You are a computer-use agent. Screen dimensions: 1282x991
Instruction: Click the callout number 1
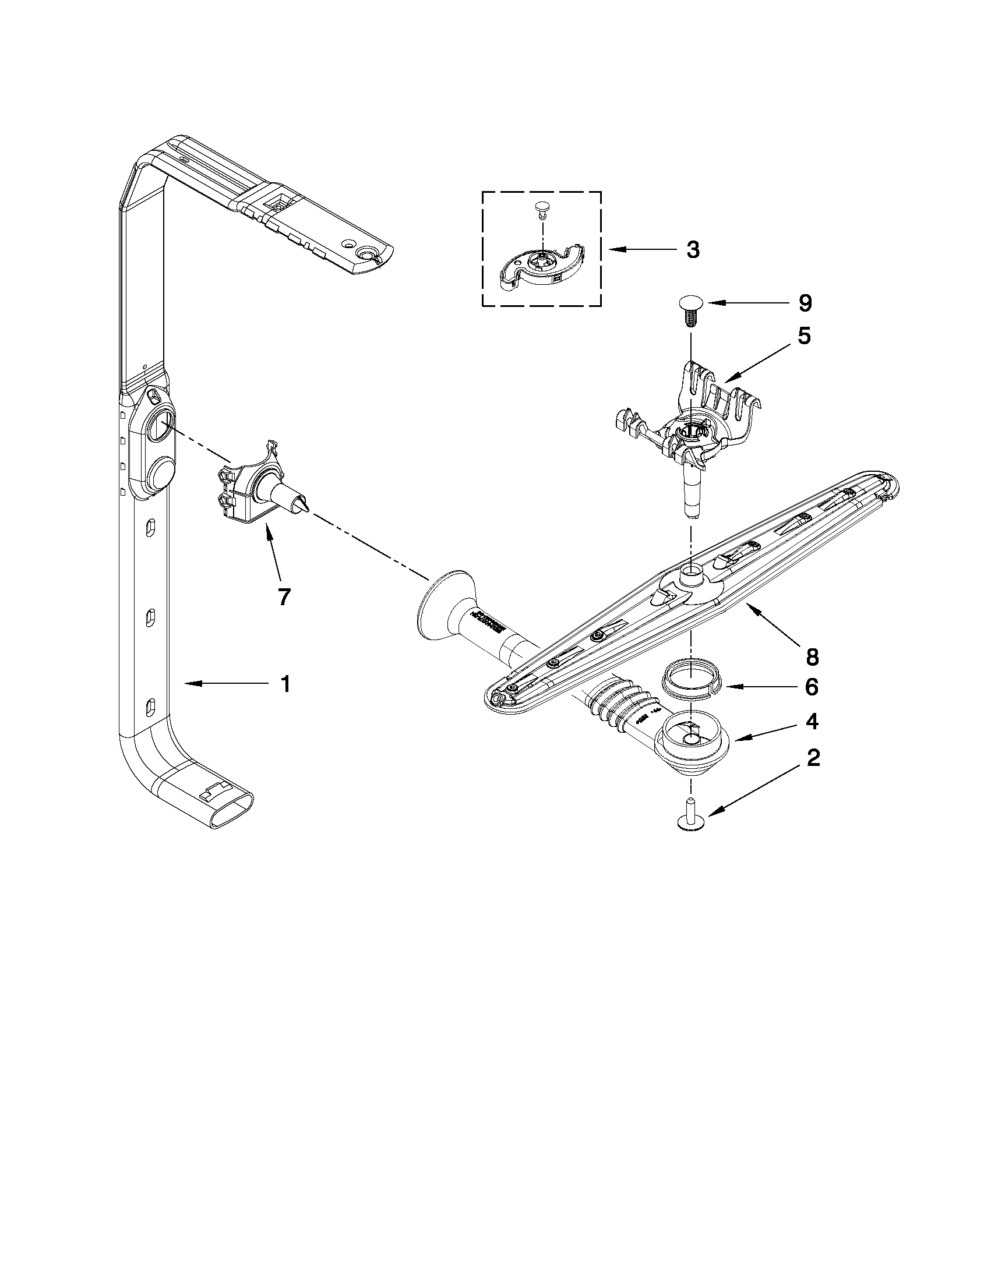(285, 684)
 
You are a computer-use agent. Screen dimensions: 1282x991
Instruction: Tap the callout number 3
(693, 250)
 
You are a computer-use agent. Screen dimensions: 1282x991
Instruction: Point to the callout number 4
(812, 722)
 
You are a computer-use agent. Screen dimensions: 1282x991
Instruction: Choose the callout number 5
(804, 336)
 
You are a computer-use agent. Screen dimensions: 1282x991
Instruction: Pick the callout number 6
(812, 686)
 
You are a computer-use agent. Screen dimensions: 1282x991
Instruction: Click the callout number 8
(812, 658)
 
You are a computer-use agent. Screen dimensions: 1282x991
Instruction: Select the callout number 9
(805, 303)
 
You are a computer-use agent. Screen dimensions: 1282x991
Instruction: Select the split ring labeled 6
(690, 680)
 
